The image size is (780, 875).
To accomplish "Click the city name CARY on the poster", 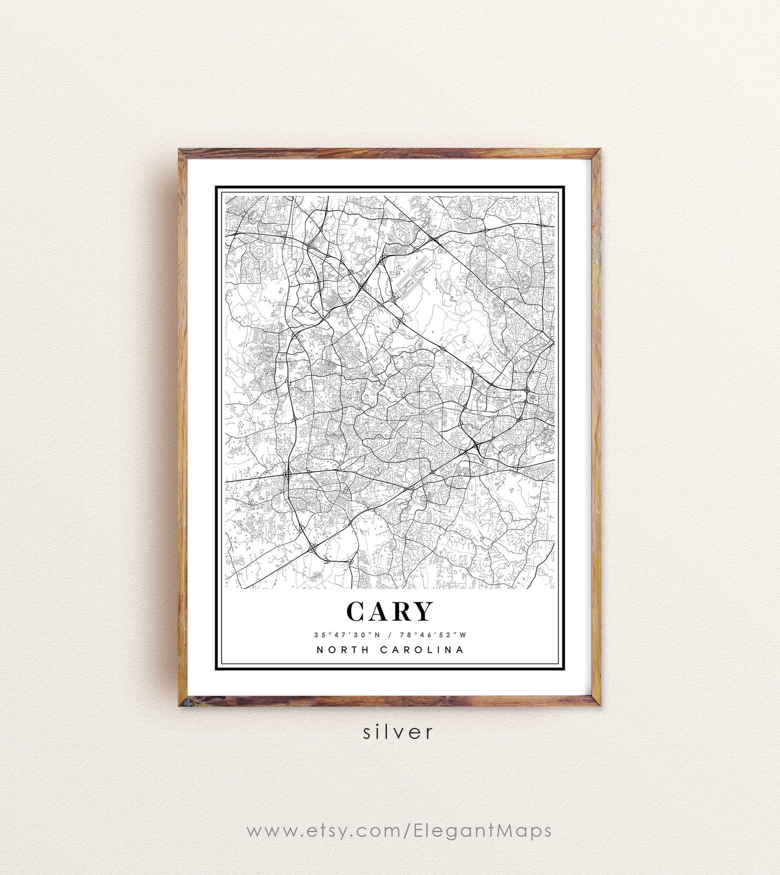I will tap(390, 611).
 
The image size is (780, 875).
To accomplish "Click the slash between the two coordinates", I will tap(390, 634).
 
